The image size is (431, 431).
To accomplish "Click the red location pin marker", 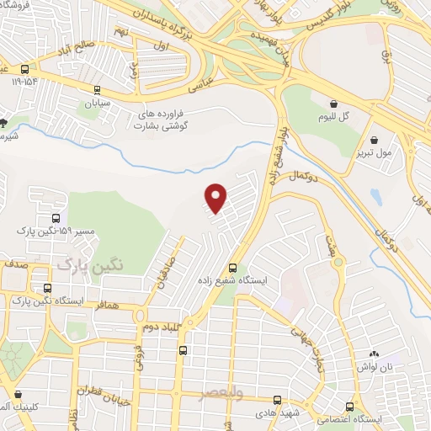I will (216, 197).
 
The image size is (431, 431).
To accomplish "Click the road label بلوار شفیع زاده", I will (277, 148).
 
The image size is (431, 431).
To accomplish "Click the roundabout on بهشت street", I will (339, 263).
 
